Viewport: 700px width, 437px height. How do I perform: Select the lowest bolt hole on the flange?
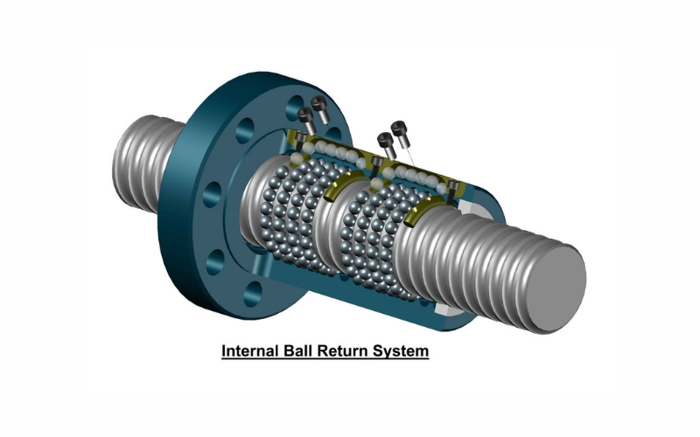coord(255,291)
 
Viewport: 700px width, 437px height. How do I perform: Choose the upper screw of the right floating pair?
coord(401,129)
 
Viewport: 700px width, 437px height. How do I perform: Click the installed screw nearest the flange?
coord(300,140)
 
